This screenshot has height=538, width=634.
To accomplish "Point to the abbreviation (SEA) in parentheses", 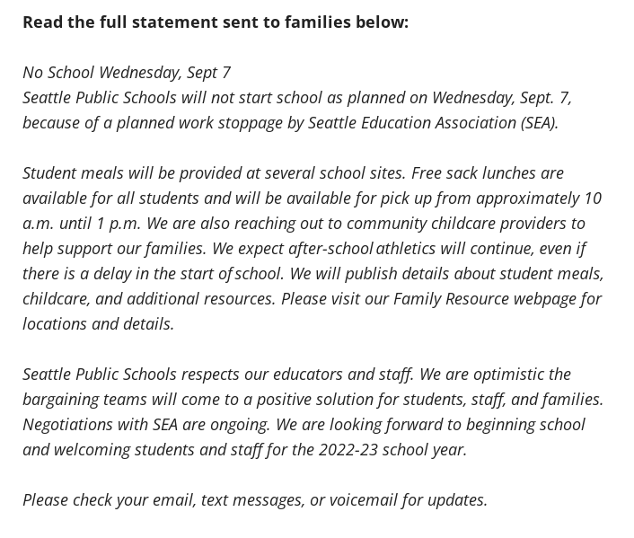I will pos(539,122).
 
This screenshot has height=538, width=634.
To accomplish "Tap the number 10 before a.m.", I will pos(593,198).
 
